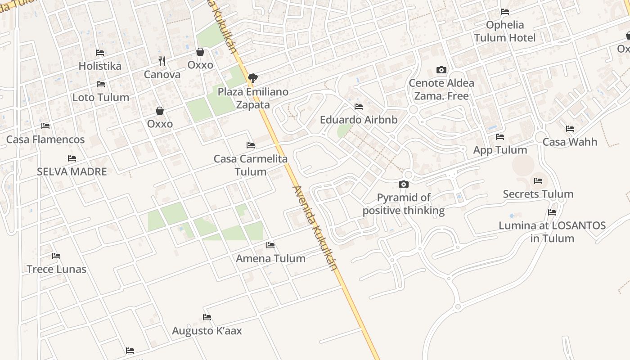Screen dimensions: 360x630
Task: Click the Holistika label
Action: [x=100, y=66]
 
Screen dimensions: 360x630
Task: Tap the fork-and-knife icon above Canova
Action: [x=162, y=61]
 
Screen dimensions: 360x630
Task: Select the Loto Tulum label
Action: [x=101, y=97]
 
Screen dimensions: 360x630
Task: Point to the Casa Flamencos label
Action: [x=45, y=139]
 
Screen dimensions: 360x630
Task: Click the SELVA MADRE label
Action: [x=72, y=171]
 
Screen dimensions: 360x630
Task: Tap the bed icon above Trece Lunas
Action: [x=56, y=256]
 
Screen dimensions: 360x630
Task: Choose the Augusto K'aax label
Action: [x=207, y=331]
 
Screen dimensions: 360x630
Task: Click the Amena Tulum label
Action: [x=270, y=258]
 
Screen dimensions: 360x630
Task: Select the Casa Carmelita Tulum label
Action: [x=251, y=165]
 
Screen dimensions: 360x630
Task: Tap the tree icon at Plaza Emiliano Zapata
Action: [x=253, y=78]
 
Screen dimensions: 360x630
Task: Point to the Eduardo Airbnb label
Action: [x=359, y=120]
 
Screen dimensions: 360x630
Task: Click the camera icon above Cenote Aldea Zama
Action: [x=441, y=70]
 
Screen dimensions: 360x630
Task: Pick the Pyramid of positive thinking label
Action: [x=404, y=204]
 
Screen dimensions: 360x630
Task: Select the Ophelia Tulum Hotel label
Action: [x=505, y=31]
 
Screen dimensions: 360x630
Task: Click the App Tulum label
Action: [x=500, y=150]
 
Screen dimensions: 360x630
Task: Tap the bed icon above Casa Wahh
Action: [x=570, y=129]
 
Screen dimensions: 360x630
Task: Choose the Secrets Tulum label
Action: [x=538, y=194]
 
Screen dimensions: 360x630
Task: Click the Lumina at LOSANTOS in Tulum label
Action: [x=552, y=232]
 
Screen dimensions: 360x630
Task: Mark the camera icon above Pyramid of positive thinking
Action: [x=404, y=184]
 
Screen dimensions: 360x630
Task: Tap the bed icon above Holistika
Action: [x=100, y=53]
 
